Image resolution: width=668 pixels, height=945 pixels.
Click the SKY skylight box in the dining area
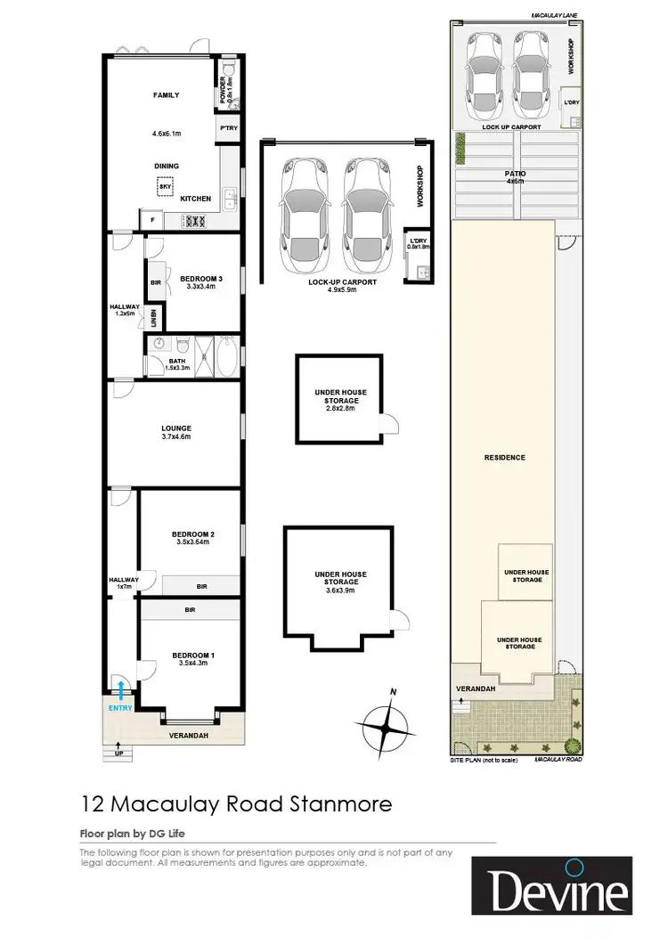pos(165,187)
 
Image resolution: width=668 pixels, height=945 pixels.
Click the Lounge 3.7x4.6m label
pos(176,433)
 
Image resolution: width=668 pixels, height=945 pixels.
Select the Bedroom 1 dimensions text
pos(194,664)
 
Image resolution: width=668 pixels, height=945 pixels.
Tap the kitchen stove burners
pos(194,221)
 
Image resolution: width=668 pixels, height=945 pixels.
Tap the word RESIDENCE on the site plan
pos(504,458)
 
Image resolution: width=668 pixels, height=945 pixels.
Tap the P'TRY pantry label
pos(226,130)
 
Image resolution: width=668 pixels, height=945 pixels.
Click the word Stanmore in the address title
pos(342,804)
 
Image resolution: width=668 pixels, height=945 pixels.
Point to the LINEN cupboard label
pos(154,318)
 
